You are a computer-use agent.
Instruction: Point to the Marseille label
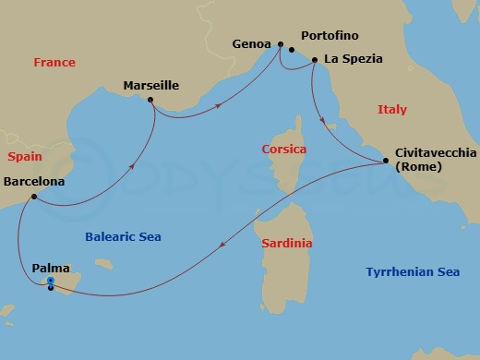point(150,88)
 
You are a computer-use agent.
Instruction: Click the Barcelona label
point(34,182)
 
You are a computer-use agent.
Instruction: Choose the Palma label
point(50,268)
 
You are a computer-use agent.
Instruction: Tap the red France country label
point(54,63)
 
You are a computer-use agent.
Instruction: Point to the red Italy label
point(391,110)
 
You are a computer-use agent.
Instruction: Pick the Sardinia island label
point(286,244)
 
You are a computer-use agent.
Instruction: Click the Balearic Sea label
point(123,236)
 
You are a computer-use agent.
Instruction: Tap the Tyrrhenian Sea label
point(412,272)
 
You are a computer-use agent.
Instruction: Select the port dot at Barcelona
point(33,197)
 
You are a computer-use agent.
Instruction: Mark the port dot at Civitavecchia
point(384,162)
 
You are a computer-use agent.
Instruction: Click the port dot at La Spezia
point(314,61)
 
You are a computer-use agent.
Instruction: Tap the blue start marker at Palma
point(51,282)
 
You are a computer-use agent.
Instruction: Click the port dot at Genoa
point(280,43)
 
